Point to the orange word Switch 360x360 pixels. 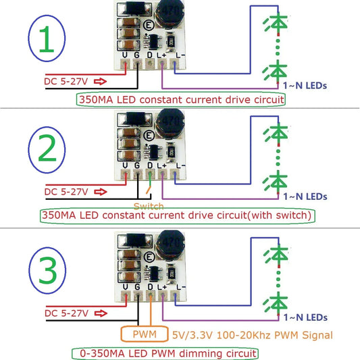click(149, 205)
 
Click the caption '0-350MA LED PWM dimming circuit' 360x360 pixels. click(164, 353)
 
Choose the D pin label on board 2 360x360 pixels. click(150, 164)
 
